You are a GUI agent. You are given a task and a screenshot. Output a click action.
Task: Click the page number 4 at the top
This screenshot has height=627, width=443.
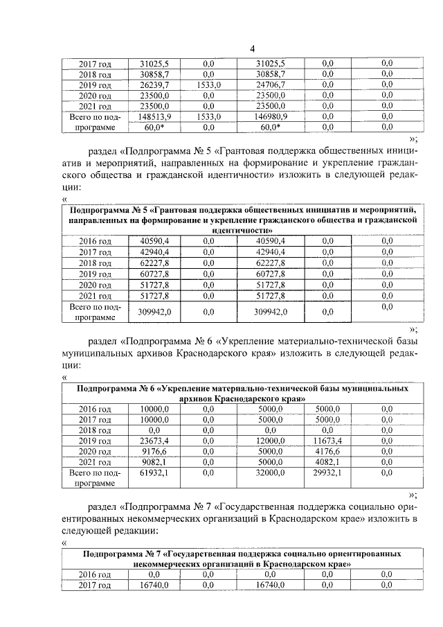click(253, 48)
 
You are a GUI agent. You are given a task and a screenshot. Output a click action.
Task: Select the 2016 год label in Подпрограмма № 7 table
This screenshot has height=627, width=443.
click(96, 574)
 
